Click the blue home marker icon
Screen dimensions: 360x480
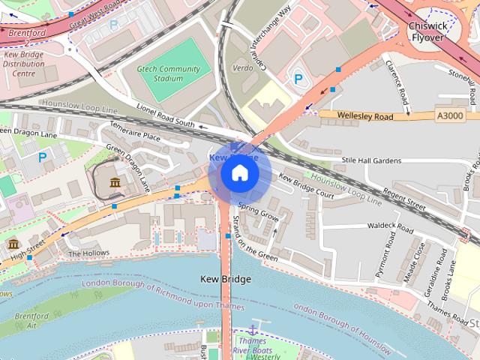coord(239,173)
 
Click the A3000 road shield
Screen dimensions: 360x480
coord(449,115)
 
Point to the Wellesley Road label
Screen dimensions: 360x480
coord(365,116)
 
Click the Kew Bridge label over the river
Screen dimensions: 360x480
coord(226,279)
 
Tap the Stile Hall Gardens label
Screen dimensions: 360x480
coord(371,160)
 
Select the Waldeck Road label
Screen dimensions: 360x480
coord(391,226)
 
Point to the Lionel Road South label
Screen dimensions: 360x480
coord(165,117)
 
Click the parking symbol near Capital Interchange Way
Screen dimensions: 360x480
coord(298,78)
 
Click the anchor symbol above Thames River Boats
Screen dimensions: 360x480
coord(253,330)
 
